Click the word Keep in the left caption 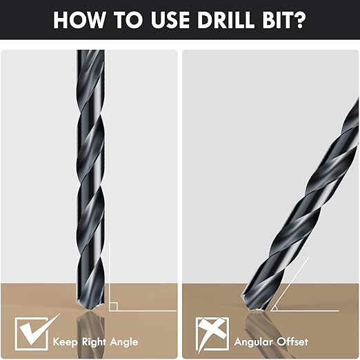pyautogui.click(x=66, y=341)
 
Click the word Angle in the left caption pyautogui.click(x=125, y=341)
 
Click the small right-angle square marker pyautogui.click(x=113, y=306)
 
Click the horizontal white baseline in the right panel pyautogui.click(x=303, y=310)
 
